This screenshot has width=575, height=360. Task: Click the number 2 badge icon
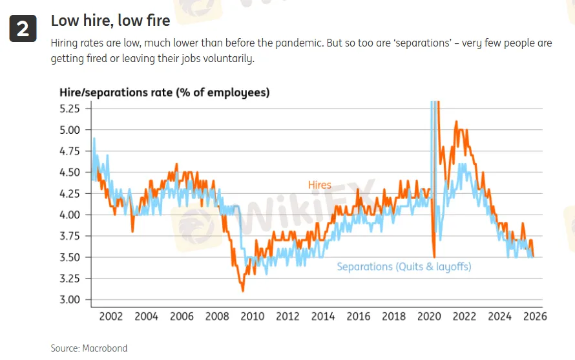pos(22,28)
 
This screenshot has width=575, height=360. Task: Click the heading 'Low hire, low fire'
pos(110,21)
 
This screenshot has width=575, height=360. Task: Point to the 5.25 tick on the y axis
pos(69,109)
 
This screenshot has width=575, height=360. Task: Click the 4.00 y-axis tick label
pos(69,215)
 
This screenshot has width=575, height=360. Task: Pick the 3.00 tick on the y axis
pos(69,300)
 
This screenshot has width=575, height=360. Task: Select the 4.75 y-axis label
pos(69,151)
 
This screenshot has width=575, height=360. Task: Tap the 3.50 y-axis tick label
pos(69,257)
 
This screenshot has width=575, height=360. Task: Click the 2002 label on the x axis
pos(110,317)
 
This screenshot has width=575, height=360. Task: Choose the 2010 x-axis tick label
pos(252,317)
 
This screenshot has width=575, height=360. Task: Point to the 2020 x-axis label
pos(429,317)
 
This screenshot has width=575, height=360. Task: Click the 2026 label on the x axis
pos(535,317)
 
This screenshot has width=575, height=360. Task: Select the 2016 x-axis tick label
pos(359,317)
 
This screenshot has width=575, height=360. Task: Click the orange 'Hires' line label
pos(319,185)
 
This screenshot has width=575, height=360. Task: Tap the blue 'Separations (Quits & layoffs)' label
pos(404,267)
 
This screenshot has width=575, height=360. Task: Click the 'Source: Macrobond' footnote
pos(89,348)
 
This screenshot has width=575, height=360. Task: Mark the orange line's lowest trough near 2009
pos(243,291)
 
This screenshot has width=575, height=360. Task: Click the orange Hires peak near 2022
pos(456,122)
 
